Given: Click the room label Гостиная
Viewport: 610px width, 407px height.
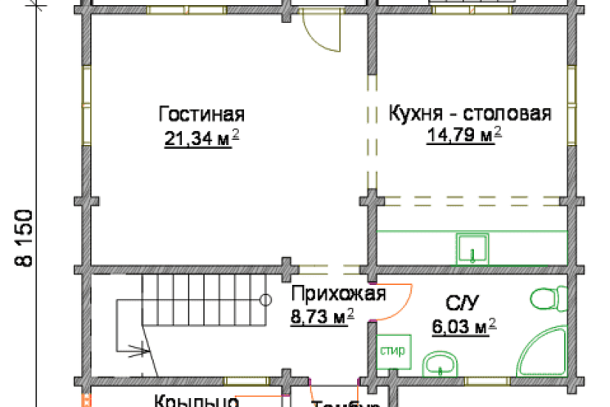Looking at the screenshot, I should [201, 115].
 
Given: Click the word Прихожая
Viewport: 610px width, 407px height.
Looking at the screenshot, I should [338, 295].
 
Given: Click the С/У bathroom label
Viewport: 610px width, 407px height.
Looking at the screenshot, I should [464, 302].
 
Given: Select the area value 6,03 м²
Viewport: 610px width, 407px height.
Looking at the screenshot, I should [464, 326].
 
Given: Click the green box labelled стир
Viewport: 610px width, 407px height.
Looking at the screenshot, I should [393, 351].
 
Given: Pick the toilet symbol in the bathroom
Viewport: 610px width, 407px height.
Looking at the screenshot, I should [545, 300].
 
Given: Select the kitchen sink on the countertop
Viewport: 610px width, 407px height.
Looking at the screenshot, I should [472, 248].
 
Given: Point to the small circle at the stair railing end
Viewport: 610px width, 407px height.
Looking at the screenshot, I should [265, 299].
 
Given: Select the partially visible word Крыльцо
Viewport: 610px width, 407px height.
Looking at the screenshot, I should [196, 401].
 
